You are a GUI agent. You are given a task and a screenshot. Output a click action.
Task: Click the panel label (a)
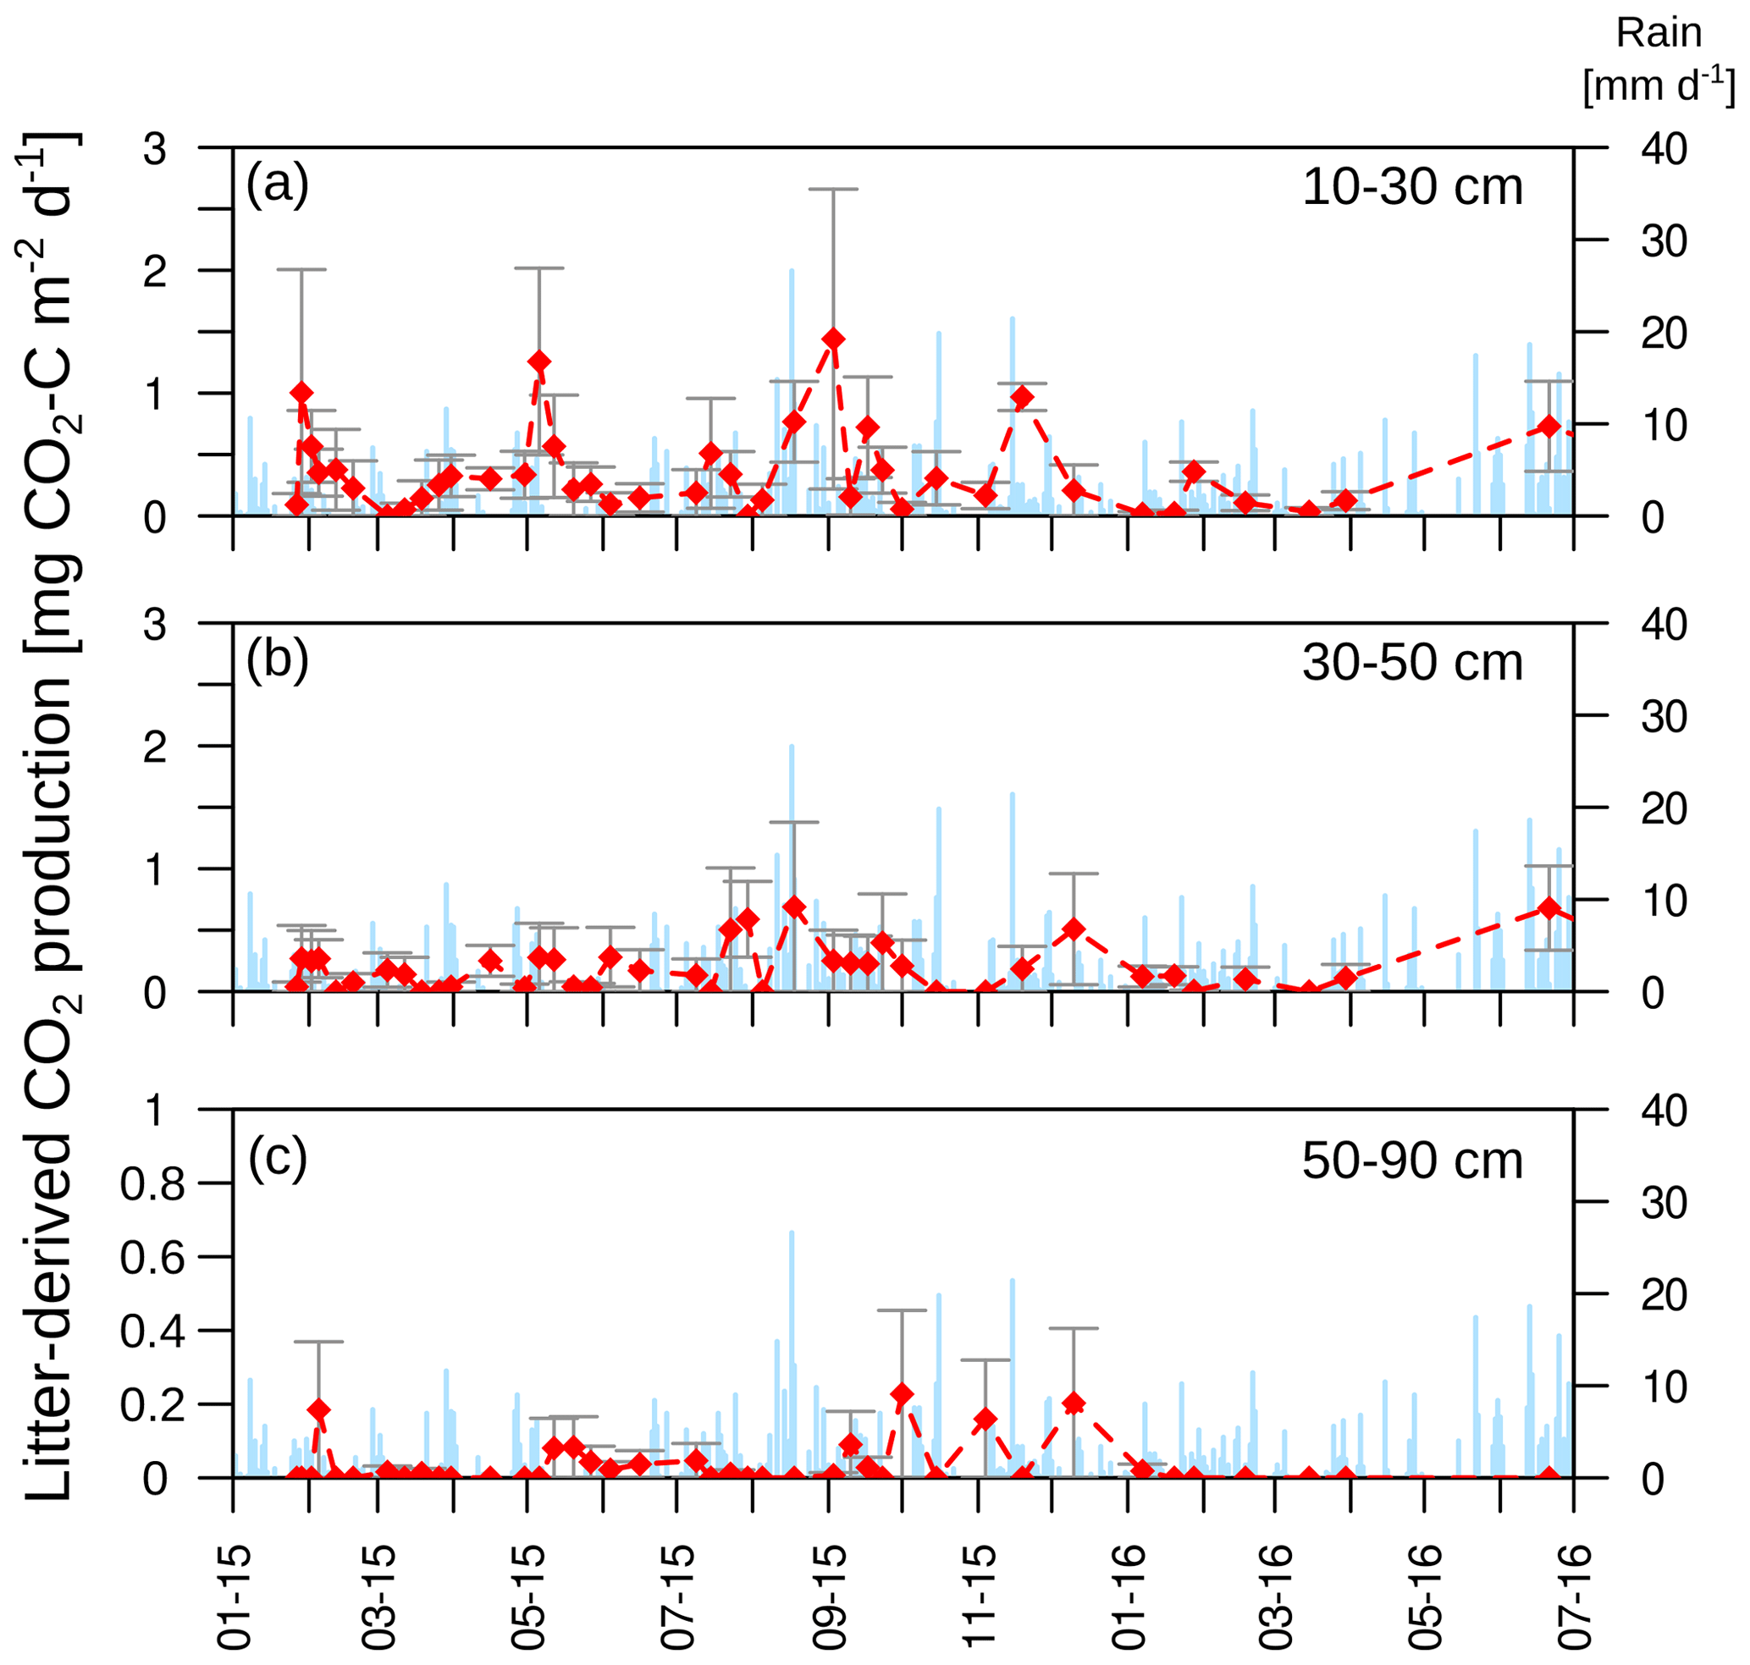277,185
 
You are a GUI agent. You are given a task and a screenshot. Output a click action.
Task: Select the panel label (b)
277,660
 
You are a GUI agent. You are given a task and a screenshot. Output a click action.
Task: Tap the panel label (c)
277,1157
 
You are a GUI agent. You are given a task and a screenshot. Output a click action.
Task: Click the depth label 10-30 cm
1411,187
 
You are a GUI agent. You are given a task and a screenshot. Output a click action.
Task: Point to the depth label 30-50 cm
1411,663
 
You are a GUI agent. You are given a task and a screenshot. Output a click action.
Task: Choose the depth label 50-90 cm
1411,1160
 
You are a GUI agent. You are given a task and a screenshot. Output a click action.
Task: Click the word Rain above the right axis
1659,34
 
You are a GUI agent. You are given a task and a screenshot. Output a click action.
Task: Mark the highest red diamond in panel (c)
902,1394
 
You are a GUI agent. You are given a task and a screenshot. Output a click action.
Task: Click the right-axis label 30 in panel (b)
1664,716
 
